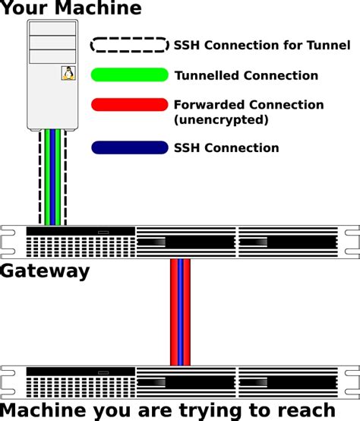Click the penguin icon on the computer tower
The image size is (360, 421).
(x=68, y=73)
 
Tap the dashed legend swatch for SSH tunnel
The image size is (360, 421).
(x=129, y=45)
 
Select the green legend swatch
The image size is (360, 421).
(x=129, y=74)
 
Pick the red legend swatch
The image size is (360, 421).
(x=129, y=104)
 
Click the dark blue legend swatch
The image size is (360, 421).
(x=129, y=147)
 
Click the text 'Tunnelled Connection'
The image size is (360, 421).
(x=246, y=75)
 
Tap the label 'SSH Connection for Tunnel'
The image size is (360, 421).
(x=262, y=46)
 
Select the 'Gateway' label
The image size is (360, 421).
(x=45, y=271)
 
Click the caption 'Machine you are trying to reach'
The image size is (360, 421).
(x=168, y=410)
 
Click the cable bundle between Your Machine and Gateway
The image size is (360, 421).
(x=52, y=176)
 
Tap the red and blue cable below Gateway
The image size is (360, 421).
(x=180, y=312)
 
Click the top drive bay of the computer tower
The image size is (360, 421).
(x=52, y=28)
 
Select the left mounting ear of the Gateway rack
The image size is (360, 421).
(x=8, y=242)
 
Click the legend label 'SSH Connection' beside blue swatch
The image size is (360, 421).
(x=226, y=148)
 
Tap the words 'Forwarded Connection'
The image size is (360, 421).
(x=248, y=105)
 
